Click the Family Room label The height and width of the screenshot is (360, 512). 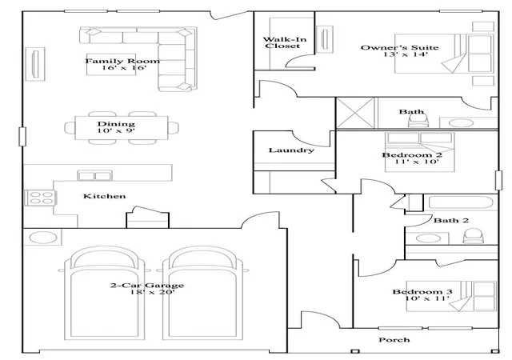click(122, 61)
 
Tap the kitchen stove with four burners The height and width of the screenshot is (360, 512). click(41, 198)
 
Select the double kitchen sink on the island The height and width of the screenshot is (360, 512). click(94, 175)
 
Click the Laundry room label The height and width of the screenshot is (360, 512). click(291, 150)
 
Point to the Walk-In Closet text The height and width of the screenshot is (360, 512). click(285, 42)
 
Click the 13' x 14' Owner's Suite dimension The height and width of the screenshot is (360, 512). click(406, 54)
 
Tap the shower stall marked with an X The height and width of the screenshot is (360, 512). click(355, 113)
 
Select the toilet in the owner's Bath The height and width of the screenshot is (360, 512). click(418, 121)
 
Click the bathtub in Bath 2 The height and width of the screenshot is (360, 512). click(461, 202)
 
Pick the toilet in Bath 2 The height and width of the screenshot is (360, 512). click(473, 236)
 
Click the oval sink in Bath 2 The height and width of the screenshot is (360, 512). click(428, 238)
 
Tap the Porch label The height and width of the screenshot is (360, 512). click(394, 340)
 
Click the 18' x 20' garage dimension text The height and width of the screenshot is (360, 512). click(152, 292)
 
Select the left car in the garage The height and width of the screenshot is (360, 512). click(105, 293)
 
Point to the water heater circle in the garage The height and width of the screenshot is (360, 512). click(42, 238)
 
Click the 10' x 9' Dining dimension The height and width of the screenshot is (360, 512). click(116, 131)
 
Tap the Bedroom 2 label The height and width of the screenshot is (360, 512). click(412, 155)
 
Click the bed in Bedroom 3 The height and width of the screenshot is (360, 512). click(451, 296)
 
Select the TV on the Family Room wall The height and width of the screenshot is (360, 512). click(35, 64)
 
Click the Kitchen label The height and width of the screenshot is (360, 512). click(105, 196)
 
